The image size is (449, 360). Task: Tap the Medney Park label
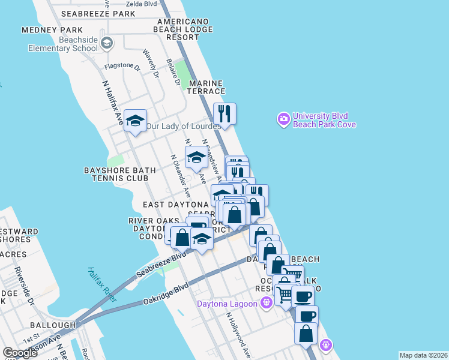52,30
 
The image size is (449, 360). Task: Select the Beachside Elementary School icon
107,43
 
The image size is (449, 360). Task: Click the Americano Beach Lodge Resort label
183,29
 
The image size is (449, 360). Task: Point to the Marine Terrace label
206,87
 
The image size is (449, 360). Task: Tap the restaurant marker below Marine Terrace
224,112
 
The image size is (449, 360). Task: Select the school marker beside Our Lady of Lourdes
136,121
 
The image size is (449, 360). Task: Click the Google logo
20,353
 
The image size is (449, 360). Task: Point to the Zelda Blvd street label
142,4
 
